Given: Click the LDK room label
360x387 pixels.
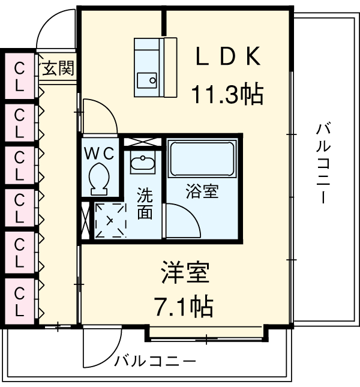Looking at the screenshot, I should [x=227, y=58].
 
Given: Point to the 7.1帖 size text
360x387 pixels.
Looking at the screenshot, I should [x=184, y=307].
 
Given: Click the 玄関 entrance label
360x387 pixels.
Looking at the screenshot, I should [x=58, y=69].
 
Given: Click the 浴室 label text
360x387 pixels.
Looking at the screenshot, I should [x=202, y=193].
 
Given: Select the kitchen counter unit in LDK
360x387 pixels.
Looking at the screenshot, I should [x=155, y=67].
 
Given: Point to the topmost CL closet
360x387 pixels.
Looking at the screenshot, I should [x=20, y=76].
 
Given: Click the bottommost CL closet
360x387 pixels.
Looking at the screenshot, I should [x=20, y=301].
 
